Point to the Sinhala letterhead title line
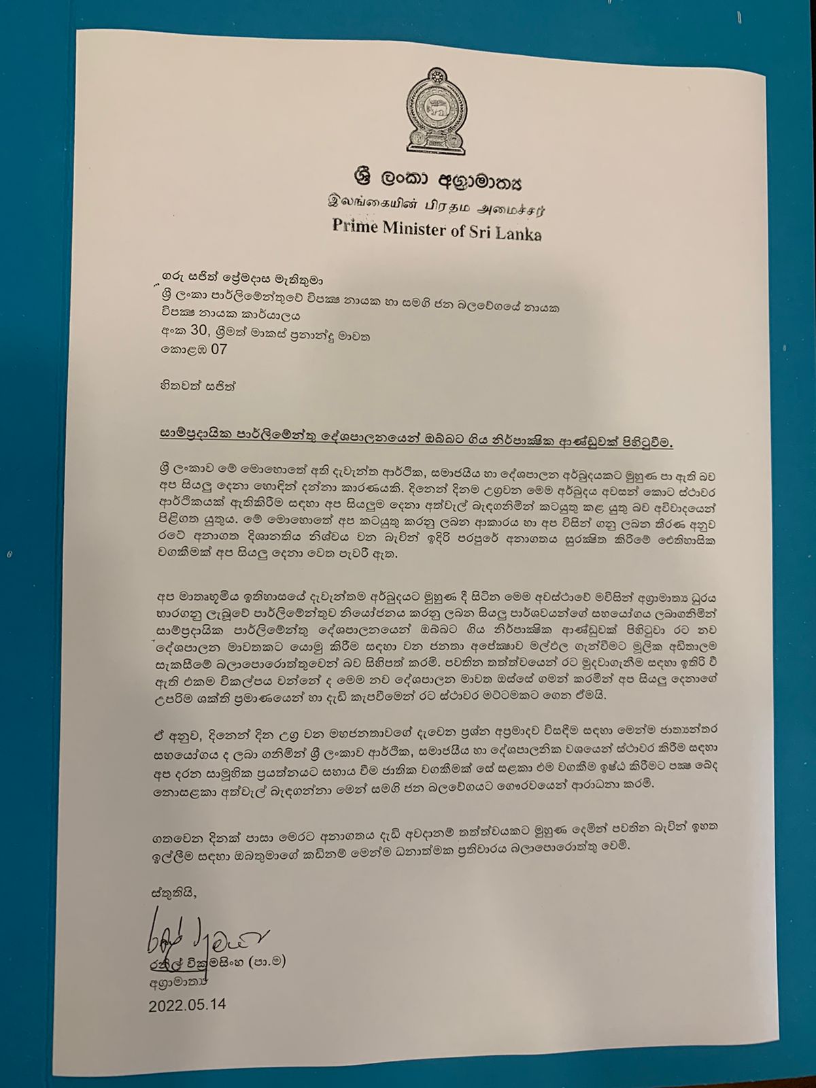[436, 183]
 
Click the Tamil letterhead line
[437, 206]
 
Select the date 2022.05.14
[185, 1005]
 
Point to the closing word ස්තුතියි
[170, 893]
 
